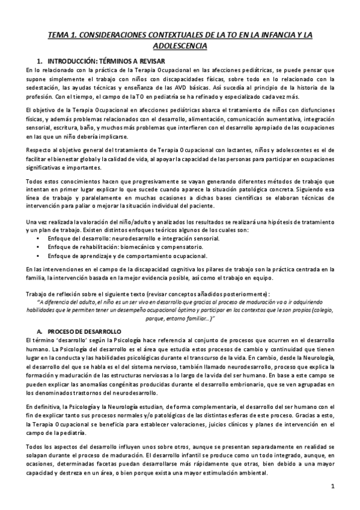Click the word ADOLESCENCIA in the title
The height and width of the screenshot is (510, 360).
[x=180, y=46]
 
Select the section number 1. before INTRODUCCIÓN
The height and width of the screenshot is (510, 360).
[x=40, y=61]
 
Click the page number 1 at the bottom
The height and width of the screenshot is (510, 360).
[x=332, y=485]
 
